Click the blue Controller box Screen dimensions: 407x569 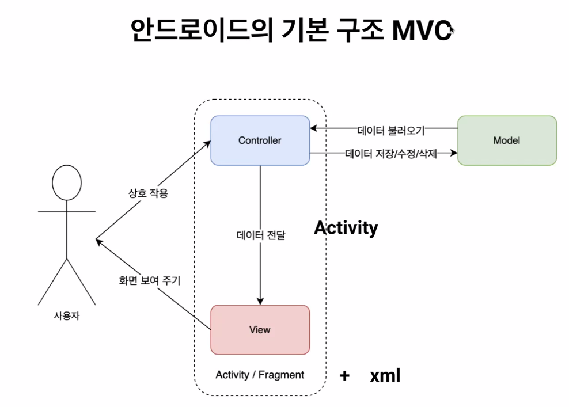pyautogui.click(x=260, y=140)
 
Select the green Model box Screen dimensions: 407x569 pyautogui.click(x=507, y=140)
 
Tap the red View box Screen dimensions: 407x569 pyautogui.click(x=260, y=330)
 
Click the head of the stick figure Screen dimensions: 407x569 pyautogui.click(x=67, y=183)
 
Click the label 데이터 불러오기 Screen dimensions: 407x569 pyautogui.click(x=391, y=130)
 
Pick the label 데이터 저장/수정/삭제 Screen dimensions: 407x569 pyautogui.click(x=391, y=154)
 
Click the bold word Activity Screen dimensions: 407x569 pyautogui.click(x=346, y=228)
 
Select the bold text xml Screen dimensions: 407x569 pyautogui.click(x=385, y=376)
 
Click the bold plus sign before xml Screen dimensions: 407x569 pyautogui.click(x=345, y=376)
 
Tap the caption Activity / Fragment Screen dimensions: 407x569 pyautogui.click(x=260, y=375)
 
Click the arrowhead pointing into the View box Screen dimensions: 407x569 pyautogui.click(x=260, y=301)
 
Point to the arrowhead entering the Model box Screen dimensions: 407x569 pyautogui.click(x=454, y=153)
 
